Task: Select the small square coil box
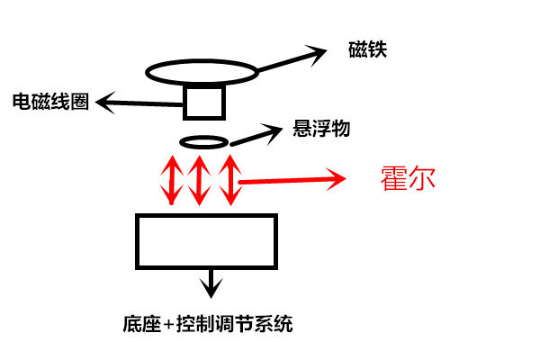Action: coord(203,101)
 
